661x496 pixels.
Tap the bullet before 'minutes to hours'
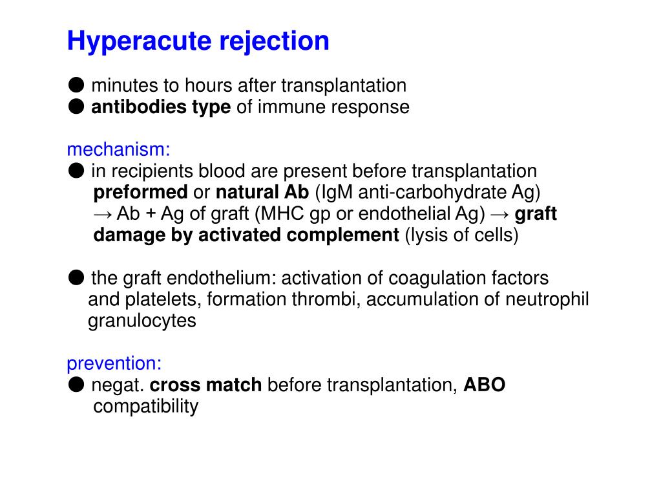point(76,85)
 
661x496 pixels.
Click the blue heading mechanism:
point(118,149)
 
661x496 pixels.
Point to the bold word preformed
point(140,192)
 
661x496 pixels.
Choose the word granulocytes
point(142,321)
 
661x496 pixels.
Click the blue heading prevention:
point(114,363)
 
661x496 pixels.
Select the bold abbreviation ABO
point(485,385)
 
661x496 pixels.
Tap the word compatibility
point(145,406)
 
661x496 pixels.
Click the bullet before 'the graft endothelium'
point(76,277)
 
